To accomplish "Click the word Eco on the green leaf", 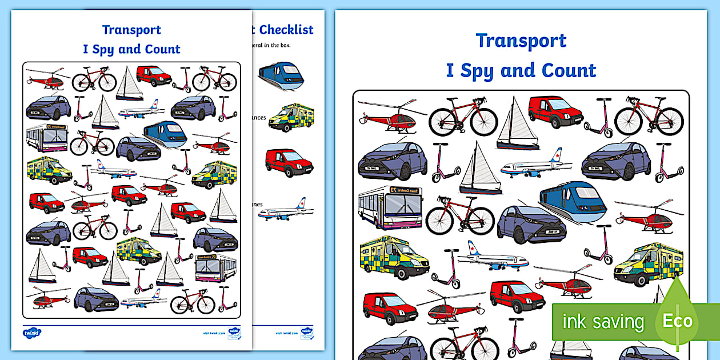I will [677, 321].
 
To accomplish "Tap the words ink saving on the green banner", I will [603, 322].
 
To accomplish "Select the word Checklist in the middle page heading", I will [286, 29].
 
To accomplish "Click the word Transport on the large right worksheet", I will [521, 41].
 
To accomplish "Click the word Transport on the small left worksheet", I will [131, 30].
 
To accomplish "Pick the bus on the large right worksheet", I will [390, 207].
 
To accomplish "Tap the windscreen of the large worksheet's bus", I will [405, 204].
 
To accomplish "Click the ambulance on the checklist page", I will [291, 117].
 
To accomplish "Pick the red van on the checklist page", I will [289, 162].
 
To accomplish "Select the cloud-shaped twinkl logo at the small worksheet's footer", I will [32, 331].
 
